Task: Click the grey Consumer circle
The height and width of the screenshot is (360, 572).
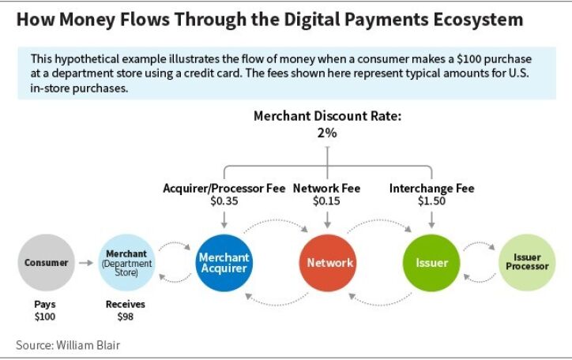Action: click(47, 263)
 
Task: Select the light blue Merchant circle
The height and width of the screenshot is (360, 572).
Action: click(126, 263)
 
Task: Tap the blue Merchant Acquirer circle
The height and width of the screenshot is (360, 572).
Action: click(224, 263)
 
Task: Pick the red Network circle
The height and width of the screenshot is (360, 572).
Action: click(328, 263)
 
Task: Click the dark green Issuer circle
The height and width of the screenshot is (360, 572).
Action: click(431, 263)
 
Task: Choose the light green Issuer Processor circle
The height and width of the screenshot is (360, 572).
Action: click(527, 263)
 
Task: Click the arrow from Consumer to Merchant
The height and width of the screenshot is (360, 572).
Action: click(86, 263)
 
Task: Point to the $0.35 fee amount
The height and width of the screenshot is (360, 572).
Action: click(224, 201)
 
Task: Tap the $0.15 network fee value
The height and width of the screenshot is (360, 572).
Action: click(326, 201)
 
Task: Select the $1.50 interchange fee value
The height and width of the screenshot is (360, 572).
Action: click(431, 201)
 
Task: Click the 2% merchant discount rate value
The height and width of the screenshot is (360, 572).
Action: click(327, 133)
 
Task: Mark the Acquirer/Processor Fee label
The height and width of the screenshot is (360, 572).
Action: click(224, 189)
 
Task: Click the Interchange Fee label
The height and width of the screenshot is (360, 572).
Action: click(432, 189)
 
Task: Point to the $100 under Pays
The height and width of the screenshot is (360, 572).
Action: click(45, 317)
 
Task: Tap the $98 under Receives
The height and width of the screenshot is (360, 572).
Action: click(125, 317)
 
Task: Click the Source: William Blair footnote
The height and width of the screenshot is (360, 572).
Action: click(68, 345)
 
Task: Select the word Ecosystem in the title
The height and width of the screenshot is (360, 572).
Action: click(478, 20)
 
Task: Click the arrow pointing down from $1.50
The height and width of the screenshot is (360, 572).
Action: click(431, 219)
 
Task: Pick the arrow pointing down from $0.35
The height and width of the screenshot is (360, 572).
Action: click(224, 219)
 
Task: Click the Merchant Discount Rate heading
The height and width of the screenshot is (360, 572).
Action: click(327, 116)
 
